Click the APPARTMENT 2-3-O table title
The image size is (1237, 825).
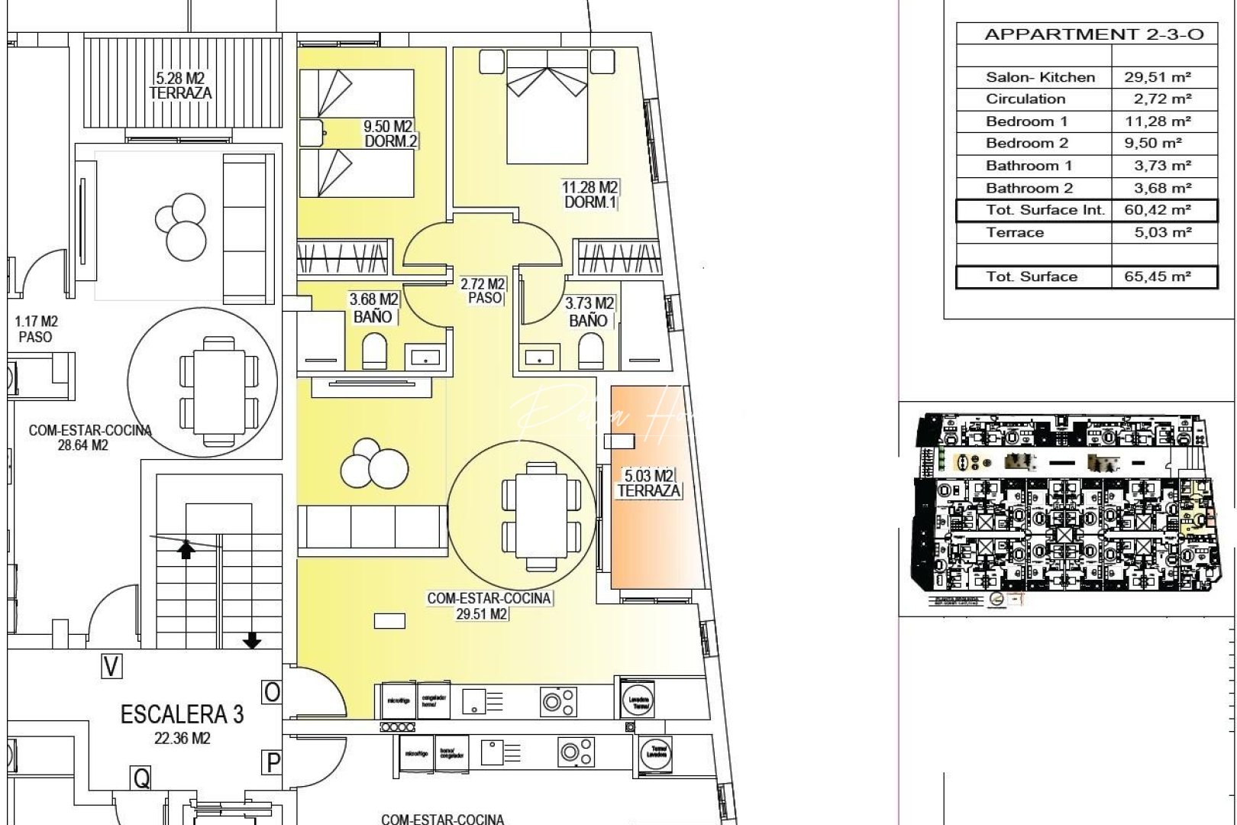pyautogui.click(x=1093, y=34)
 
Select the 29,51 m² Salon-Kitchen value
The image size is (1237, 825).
pyautogui.click(x=1158, y=77)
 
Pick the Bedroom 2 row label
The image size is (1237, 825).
pyautogui.click(x=1026, y=144)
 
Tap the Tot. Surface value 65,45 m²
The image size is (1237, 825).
pyautogui.click(x=1158, y=277)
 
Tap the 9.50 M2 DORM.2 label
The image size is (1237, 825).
pyautogui.click(x=389, y=134)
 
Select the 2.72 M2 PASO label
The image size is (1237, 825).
pyautogui.click(x=483, y=291)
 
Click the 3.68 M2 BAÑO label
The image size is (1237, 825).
pyautogui.click(x=373, y=308)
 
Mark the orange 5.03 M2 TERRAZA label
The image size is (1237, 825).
pyautogui.click(x=648, y=484)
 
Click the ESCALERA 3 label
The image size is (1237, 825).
pyautogui.click(x=182, y=715)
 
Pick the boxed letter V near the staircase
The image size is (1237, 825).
pyautogui.click(x=111, y=667)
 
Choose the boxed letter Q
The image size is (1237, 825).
pyautogui.click(x=141, y=778)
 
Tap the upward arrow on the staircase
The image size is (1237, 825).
pyautogui.click(x=186, y=548)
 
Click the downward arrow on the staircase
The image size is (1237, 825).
pyautogui.click(x=252, y=640)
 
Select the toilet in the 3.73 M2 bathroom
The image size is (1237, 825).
pyautogui.click(x=590, y=354)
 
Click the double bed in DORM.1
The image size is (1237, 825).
pyautogui.click(x=547, y=107)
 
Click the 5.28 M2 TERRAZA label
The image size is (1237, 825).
pyautogui.click(x=180, y=86)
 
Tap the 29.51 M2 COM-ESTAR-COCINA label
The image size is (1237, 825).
pyautogui.click(x=489, y=606)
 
